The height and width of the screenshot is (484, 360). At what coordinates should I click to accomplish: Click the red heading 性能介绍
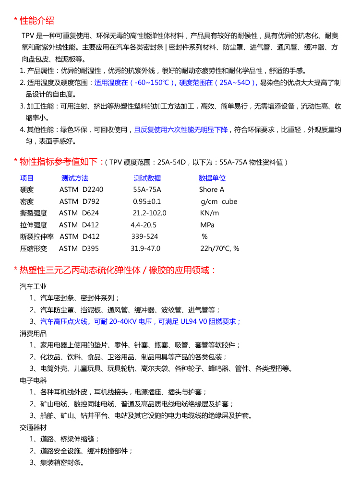pyautogui.click(x=36, y=21)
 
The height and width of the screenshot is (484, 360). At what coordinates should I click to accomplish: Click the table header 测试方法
pyautogui.click(x=74, y=178)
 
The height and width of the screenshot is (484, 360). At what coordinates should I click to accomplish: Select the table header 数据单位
pyautogui.click(x=212, y=178)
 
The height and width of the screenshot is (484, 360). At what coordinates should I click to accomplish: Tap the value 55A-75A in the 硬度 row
pyautogui.click(x=147, y=189)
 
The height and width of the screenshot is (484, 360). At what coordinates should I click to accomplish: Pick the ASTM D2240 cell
pyautogui.click(x=81, y=189)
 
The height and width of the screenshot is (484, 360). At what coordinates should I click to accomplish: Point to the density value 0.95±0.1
pyautogui.click(x=147, y=201)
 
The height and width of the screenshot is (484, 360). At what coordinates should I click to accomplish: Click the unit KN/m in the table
pyautogui.click(x=209, y=213)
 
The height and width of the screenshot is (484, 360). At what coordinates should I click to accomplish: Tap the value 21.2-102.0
pyautogui.click(x=149, y=213)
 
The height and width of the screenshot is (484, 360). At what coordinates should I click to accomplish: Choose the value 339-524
pyautogui.click(x=144, y=236)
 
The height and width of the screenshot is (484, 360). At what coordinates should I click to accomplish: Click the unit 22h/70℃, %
pyautogui.click(x=219, y=248)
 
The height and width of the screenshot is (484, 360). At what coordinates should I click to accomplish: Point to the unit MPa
pyautogui.click(x=207, y=225)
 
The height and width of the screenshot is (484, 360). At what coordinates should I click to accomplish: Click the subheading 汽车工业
pyautogui.click(x=33, y=286)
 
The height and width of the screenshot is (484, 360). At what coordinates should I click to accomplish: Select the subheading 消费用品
pyautogui.click(x=33, y=333)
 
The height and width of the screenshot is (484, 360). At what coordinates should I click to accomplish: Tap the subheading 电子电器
pyautogui.click(x=33, y=380)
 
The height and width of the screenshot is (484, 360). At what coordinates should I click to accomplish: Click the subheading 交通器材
pyautogui.click(x=33, y=427)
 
